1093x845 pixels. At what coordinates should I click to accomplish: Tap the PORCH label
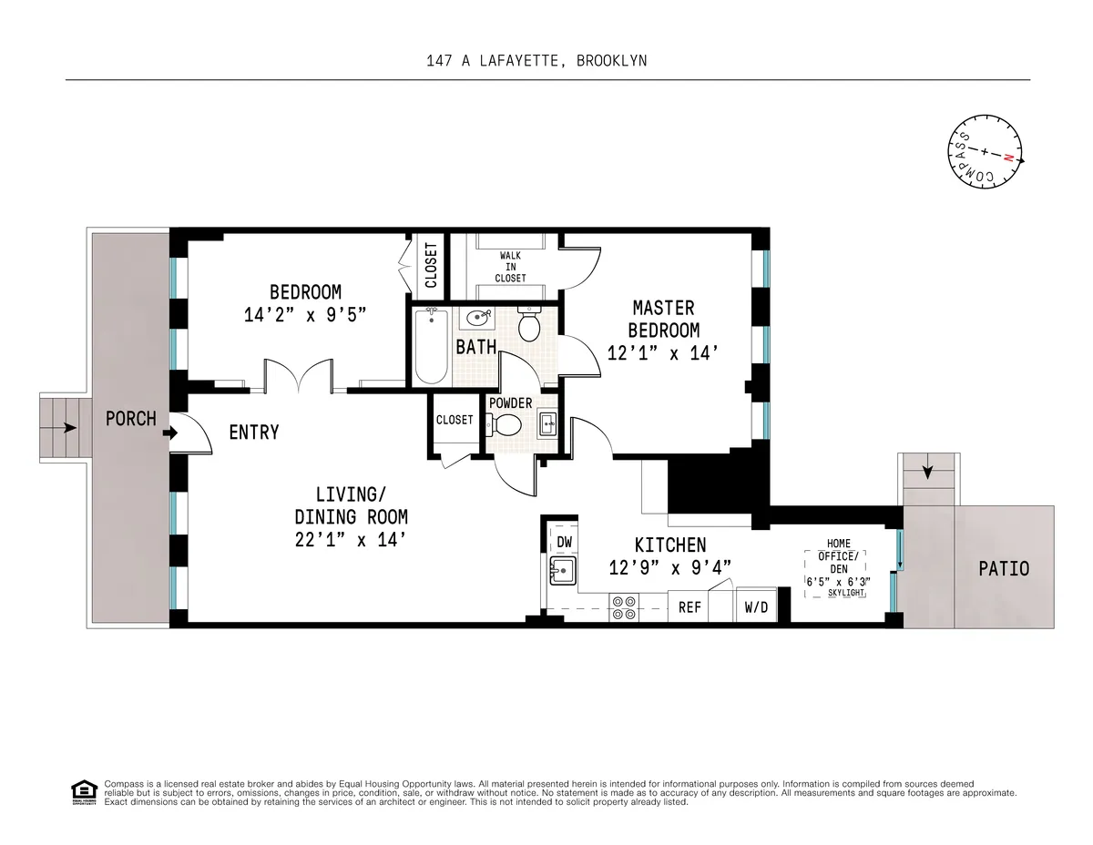[130, 419]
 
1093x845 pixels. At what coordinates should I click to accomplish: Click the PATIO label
[1004, 568]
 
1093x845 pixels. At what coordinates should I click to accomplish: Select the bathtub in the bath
[431, 346]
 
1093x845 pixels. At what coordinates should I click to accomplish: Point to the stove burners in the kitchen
[624, 607]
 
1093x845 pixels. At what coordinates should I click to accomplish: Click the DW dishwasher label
[564, 541]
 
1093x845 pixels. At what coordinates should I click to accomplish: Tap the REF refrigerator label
[690, 607]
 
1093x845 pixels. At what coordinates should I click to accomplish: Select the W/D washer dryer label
[756, 607]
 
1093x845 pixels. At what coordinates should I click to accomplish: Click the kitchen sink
[563, 573]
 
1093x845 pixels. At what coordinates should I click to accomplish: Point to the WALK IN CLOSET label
[510, 267]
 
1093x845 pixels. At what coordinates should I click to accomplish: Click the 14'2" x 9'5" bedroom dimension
[305, 315]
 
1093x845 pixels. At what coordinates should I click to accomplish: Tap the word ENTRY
[254, 433]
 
